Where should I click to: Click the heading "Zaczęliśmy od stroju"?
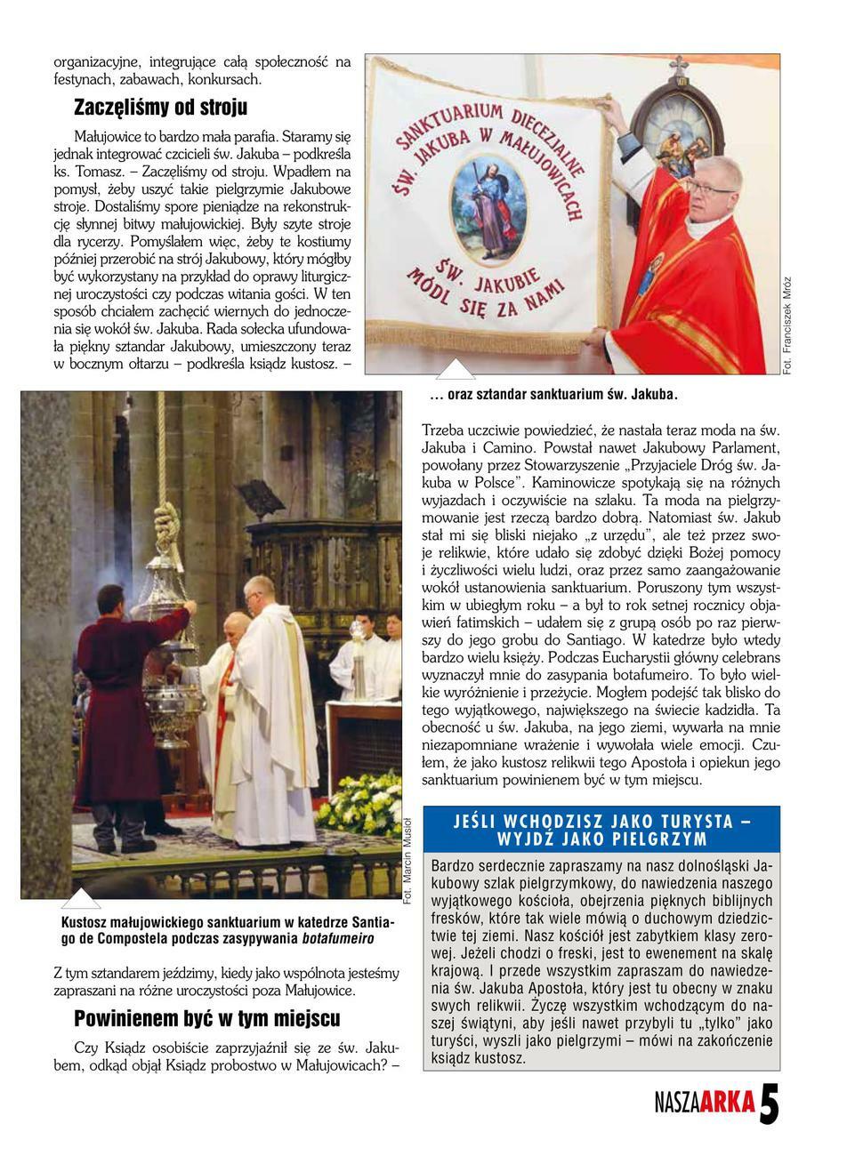point(160,108)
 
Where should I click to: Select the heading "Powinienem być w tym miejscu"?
point(206,1018)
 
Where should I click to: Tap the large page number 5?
point(770,1106)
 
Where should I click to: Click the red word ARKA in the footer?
point(727,1104)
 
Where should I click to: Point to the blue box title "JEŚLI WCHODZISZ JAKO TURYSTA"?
point(601,821)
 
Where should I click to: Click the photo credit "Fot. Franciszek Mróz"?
point(787,325)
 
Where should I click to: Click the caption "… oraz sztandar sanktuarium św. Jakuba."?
point(553,393)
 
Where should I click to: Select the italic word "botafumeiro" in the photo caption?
point(338,939)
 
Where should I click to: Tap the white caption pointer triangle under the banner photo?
point(456,369)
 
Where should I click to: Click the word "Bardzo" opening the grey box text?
point(453,864)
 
